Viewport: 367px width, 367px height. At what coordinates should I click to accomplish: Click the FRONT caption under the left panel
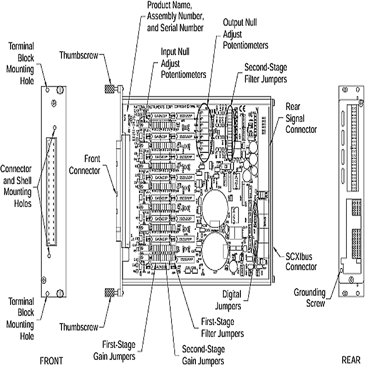pyautogui.click(x=51, y=359)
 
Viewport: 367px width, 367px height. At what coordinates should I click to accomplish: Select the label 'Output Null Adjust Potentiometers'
pyautogui.click(x=245, y=34)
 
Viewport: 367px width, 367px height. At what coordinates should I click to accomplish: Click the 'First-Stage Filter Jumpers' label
pyautogui.click(x=222, y=328)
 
